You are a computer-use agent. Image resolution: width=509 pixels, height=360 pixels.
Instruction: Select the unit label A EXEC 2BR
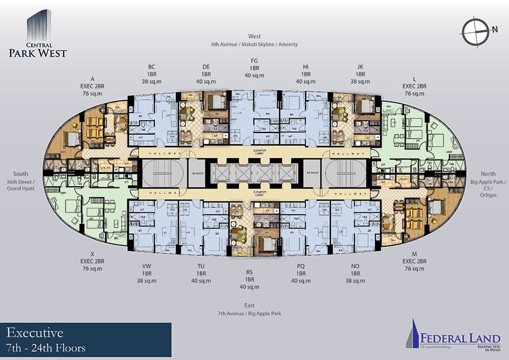(x=92, y=86)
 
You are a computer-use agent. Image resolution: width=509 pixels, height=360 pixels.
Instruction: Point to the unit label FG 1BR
(x=254, y=67)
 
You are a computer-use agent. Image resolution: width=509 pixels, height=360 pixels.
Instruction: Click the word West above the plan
(x=254, y=36)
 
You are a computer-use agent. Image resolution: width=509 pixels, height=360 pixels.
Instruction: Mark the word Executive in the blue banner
(x=35, y=333)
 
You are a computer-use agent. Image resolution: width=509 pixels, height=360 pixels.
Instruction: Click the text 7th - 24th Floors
(x=46, y=348)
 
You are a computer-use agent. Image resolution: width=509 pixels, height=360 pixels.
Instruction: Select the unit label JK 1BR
(x=360, y=74)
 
